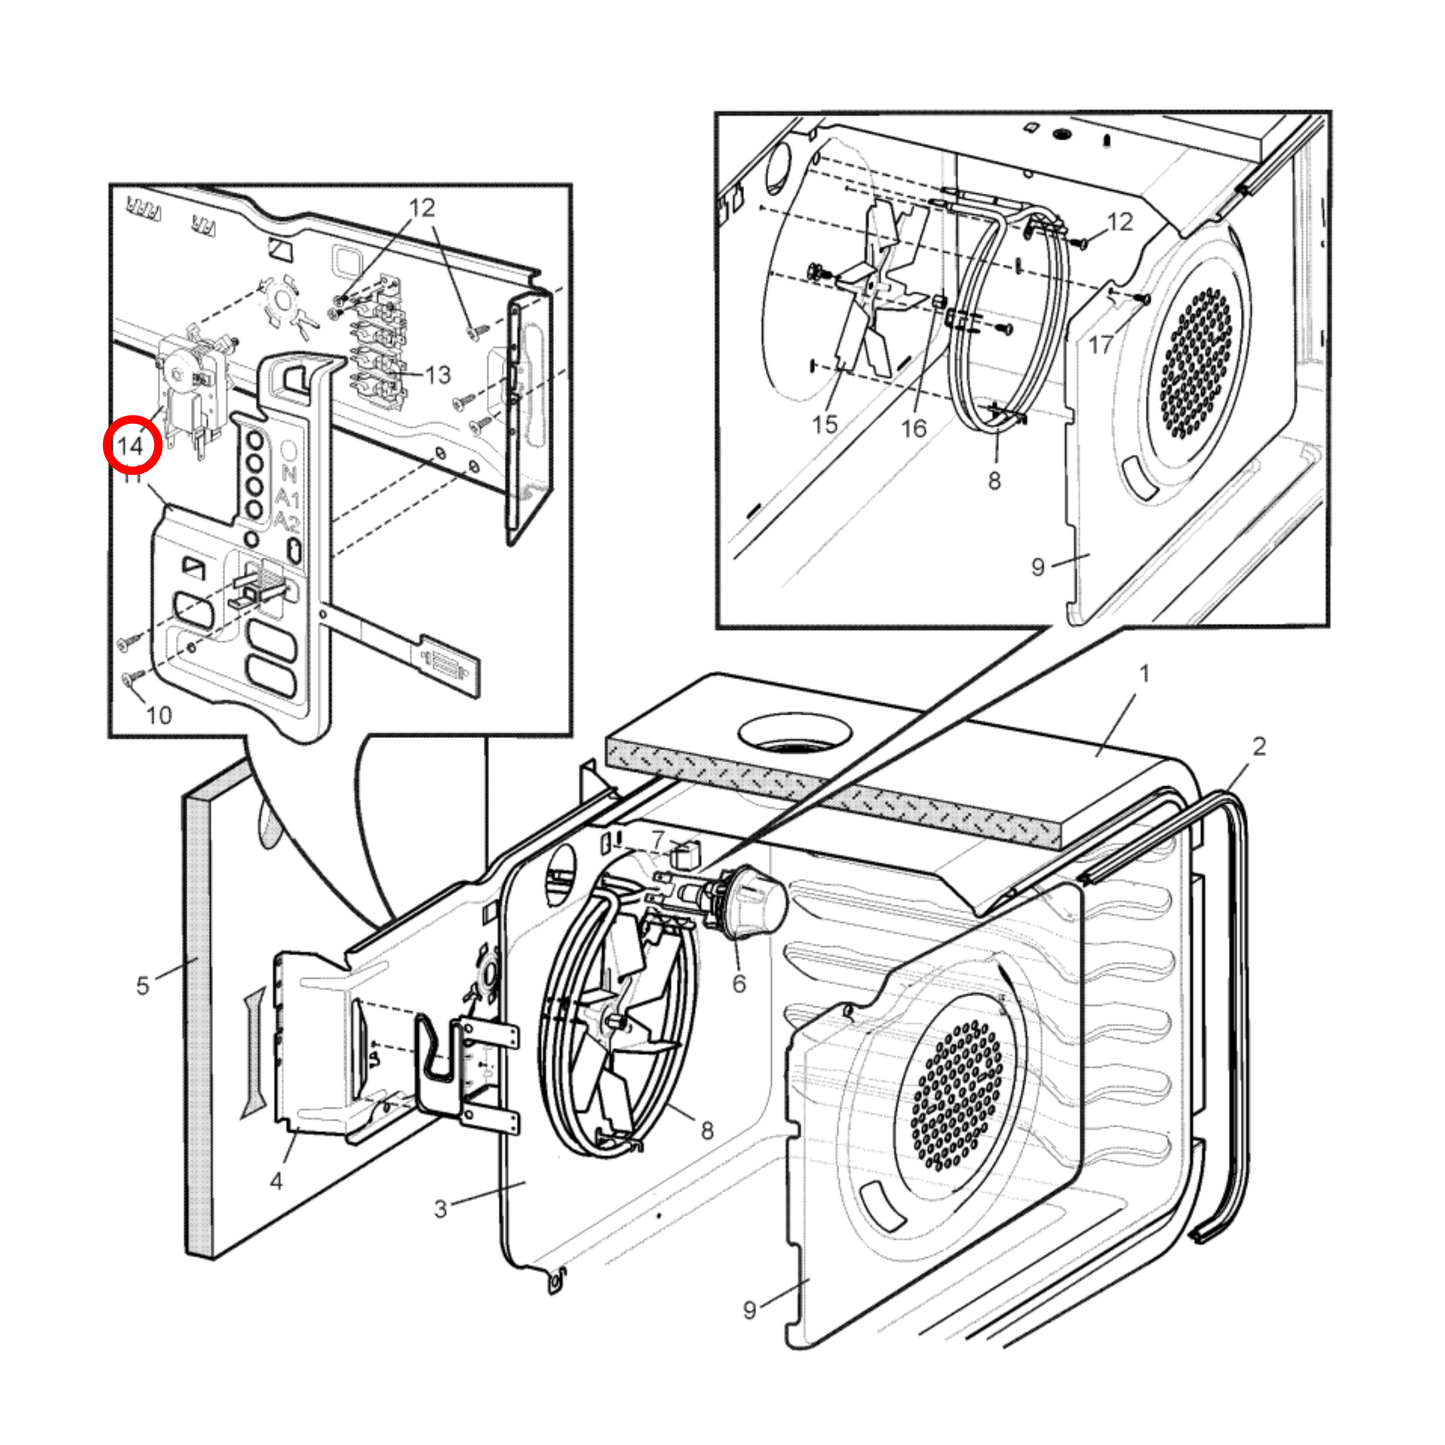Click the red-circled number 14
coord(132,445)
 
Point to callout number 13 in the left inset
coord(438,375)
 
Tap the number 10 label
coord(159,715)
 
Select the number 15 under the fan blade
coord(824,424)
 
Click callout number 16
coord(914,428)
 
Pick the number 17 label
coord(1101,345)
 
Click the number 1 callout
coord(1144,674)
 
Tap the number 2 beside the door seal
coord(1259,746)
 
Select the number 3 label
coord(440,1209)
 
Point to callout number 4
coord(276,1181)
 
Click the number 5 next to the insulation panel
coord(142,986)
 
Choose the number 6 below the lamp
coord(739,984)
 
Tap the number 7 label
coord(658,839)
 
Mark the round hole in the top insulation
coord(794,734)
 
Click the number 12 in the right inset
coord(1120,222)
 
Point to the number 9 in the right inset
coord(1038,567)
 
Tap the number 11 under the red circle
coord(132,479)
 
